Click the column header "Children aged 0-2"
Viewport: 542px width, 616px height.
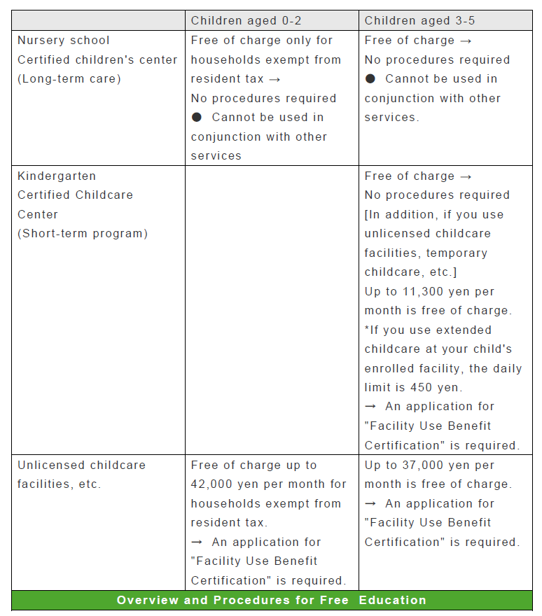pyautogui.click(x=246, y=21)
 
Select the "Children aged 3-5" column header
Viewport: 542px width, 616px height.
pyautogui.click(x=419, y=21)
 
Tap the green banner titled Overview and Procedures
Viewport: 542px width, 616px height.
pyautogui.click(x=272, y=600)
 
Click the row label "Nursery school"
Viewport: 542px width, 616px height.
pyautogui.click(x=64, y=41)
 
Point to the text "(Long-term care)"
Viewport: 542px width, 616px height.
pyautogui.click(x=69, y=78)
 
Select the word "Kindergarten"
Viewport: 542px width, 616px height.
pyautogui.click(x=57, y=176)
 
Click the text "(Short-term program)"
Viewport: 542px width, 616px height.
pyautogui.click(x=83, y=233)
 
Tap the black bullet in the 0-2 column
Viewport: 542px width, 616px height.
pyautogui.click(x=197, y=117)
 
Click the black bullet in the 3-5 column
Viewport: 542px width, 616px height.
pyautogui.click(x=370, y=78)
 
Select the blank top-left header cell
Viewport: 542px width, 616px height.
pyautogui.click(x=98, y=21)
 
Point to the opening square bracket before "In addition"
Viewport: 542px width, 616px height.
pyautogui.click(x=367, y=214)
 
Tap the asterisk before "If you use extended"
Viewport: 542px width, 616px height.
pyautogui.click(x=367, y=330)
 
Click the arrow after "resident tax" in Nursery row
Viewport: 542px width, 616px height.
pyautogui.click(x=275, y=78)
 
